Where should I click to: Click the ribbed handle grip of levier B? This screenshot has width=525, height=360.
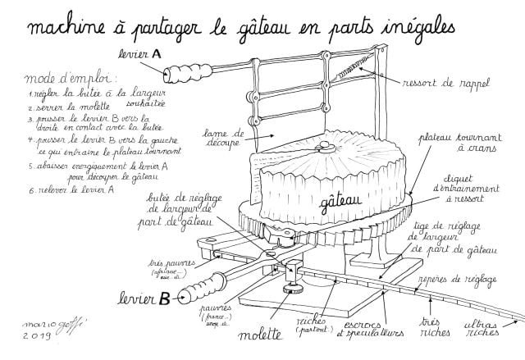point(198,287)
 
